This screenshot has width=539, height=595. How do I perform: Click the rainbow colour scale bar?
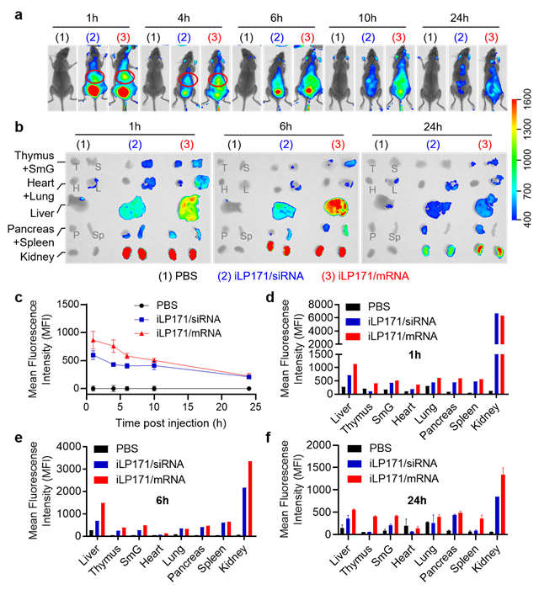tap(514, 159)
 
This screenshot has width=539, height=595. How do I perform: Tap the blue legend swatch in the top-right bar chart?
tap(354, 321)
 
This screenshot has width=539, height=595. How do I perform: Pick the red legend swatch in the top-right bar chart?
tap(354, 337)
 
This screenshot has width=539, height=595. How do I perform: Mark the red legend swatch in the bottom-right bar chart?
tap(354, 478)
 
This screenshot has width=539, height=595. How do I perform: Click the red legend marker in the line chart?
tap(143, 333)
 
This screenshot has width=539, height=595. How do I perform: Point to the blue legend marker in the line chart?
tap(143, 320)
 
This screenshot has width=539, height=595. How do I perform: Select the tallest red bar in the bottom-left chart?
tap(249, 497)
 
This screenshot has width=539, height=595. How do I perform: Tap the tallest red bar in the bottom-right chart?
tap(503, 503)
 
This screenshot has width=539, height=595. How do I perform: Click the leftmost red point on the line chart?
tap(93, 340)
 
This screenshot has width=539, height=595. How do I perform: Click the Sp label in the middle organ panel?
tap(247, 236)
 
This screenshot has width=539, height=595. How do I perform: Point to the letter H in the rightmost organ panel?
tap(372, 189)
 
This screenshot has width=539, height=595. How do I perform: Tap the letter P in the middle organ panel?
tap(224, 236)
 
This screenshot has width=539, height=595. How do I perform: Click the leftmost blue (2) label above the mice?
tap(93, 37)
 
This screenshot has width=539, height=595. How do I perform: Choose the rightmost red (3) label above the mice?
tap(491, 37)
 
